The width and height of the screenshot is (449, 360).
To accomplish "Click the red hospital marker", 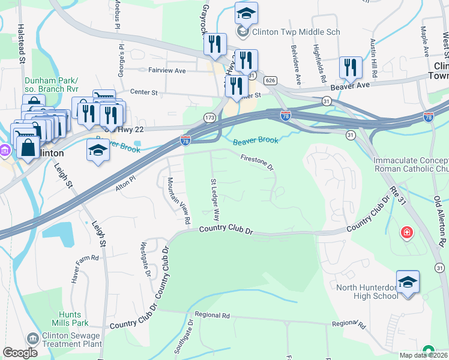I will click(408, 232).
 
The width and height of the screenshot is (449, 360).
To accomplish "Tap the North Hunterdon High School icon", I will click(408, 283).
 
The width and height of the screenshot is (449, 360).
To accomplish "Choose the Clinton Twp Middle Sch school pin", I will click(246, 13).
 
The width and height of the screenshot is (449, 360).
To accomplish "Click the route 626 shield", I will click(270, 80).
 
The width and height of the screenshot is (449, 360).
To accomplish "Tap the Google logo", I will click(20, 352).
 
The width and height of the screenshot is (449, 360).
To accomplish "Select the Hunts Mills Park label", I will click(66, 319).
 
